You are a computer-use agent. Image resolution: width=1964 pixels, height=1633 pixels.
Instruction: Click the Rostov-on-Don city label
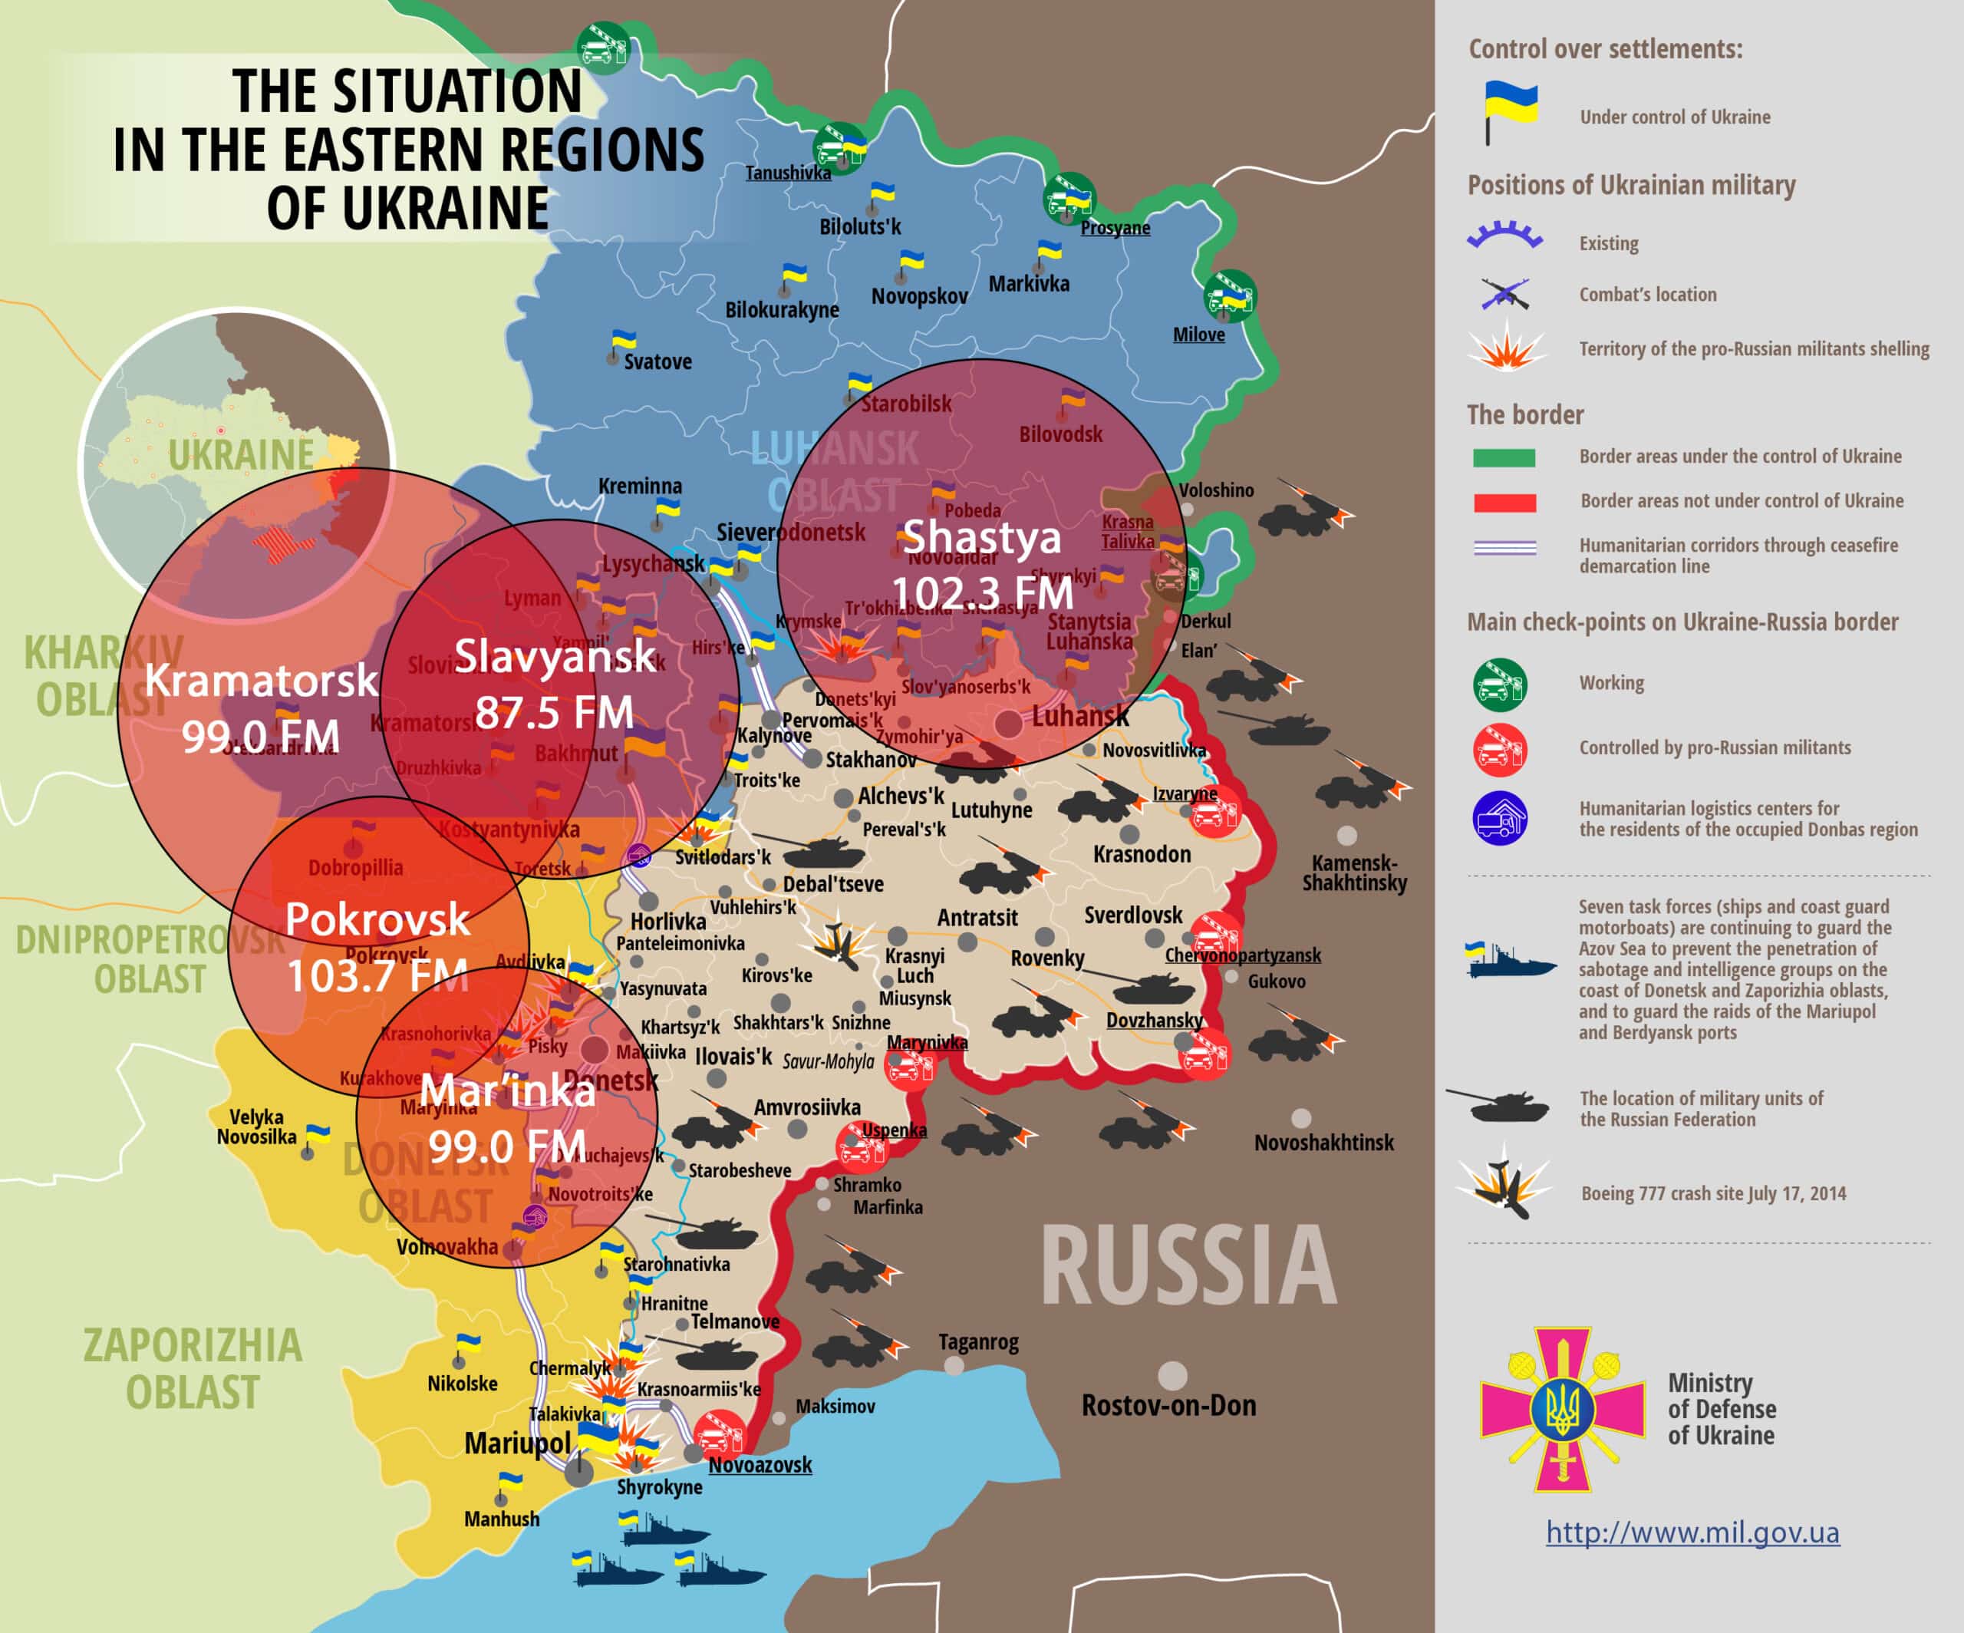[x=1168, y=1405]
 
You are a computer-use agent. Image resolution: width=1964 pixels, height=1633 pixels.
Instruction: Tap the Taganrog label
[x=978, y=1341]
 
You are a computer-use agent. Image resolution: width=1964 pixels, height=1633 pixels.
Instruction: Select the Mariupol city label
[x=517, y=1443]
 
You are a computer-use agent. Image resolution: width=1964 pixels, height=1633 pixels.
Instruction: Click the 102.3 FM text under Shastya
[x=982, y=593]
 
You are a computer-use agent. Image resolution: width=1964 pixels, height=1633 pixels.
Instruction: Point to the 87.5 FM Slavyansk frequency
[x=554, y=713]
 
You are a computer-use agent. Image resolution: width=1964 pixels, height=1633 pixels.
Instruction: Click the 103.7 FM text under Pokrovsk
[x=377, y=976]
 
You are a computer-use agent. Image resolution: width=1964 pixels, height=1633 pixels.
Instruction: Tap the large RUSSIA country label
[x=1188, y=1266]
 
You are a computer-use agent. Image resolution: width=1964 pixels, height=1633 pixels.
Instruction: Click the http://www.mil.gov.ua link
[x=1692, y=1532]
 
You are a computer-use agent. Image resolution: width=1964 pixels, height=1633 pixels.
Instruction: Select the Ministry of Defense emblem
[x=1562, y=1408]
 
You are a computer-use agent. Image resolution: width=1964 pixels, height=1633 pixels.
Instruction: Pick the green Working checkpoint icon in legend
[x=1500, y=685]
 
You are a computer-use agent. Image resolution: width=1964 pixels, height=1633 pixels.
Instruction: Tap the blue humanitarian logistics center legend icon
[x=1500, y=818]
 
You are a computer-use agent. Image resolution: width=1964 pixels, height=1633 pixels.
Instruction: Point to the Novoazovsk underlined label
[x=760, y=1465]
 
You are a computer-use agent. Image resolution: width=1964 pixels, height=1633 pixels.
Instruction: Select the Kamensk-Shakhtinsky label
[x=1353, y=873]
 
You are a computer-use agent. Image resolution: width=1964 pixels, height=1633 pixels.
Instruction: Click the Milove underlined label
[x=1198, y=335]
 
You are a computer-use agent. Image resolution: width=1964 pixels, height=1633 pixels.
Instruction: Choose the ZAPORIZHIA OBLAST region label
[x=193, y=1368]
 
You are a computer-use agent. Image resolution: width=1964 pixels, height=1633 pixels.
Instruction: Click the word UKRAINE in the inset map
[x=242, y=456]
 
